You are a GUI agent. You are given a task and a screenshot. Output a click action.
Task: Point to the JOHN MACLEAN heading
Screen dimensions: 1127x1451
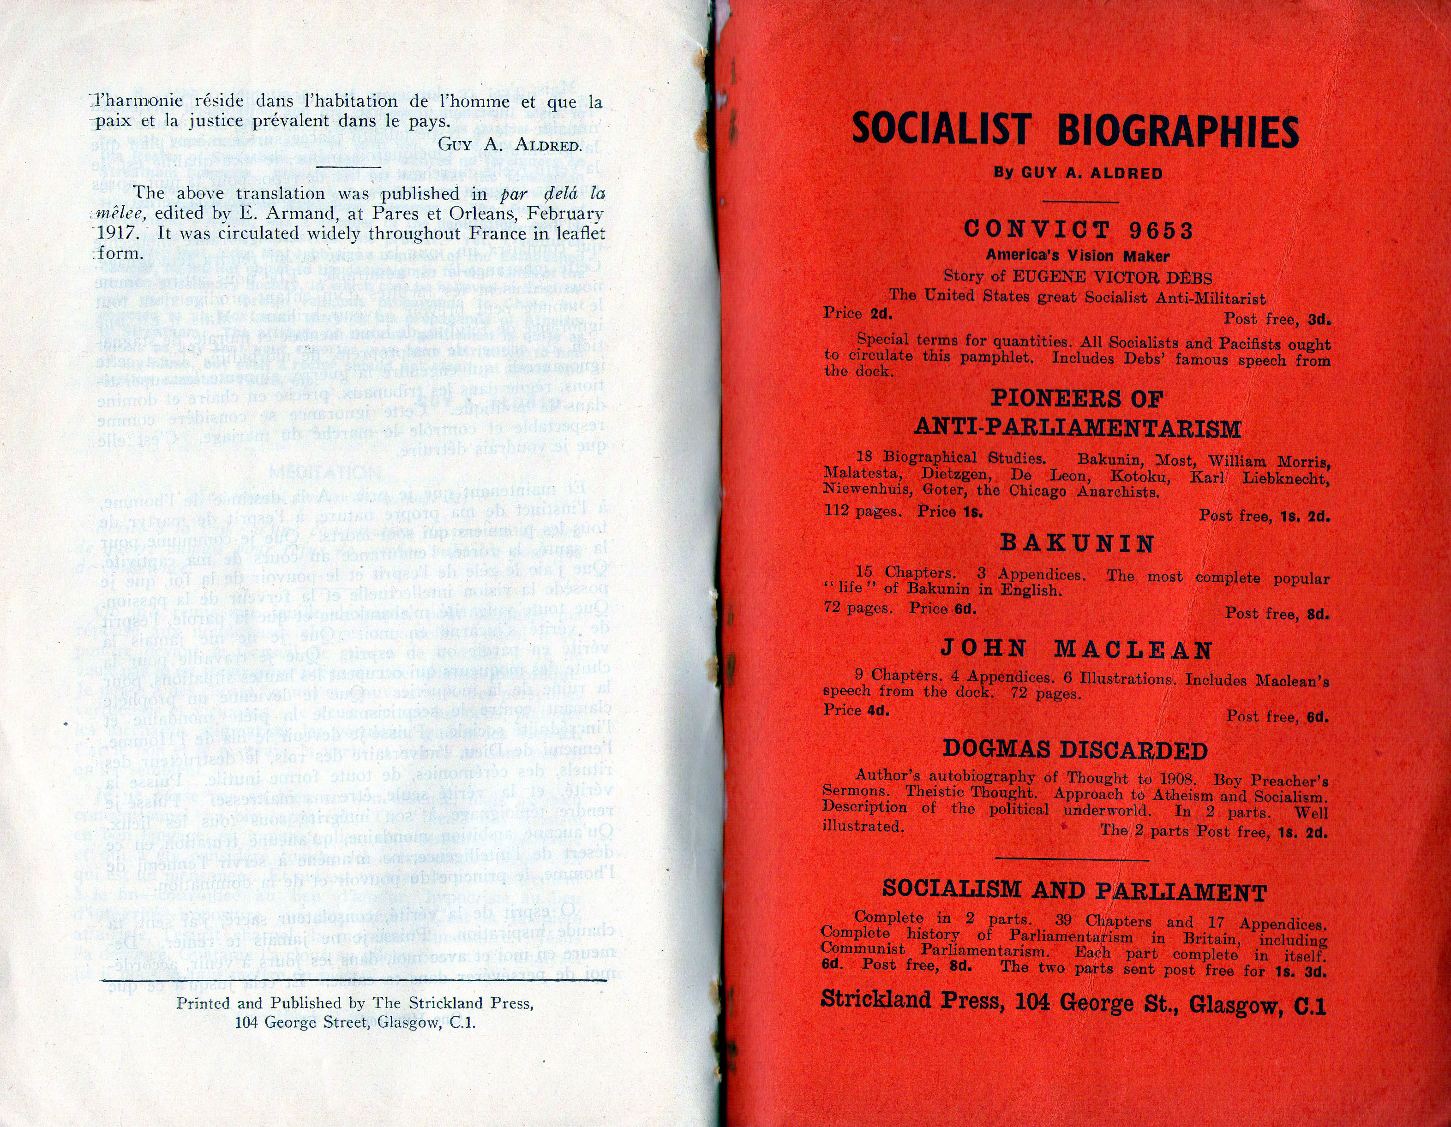(x=1076, y=650)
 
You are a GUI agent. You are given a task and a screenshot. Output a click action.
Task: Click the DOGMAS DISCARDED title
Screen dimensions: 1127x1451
(x=1075, y=751)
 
